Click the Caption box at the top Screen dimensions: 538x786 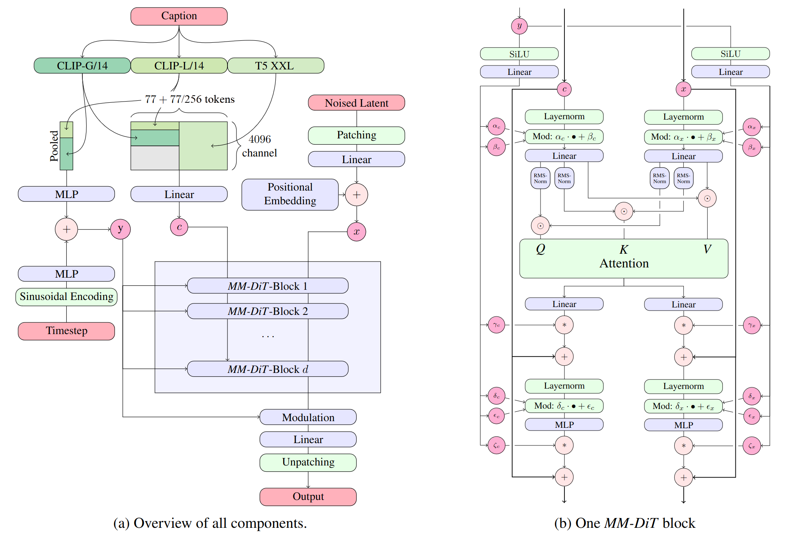179,16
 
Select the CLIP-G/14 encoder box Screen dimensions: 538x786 82,65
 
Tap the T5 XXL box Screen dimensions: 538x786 275,65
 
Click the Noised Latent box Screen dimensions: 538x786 356,103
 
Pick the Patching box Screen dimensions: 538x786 356,135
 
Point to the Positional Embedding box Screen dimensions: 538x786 290,194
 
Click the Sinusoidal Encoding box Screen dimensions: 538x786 66,297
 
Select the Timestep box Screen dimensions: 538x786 66,331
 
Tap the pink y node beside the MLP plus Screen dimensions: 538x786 120,229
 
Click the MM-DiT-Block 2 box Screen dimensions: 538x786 267,311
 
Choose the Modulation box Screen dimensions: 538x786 308,417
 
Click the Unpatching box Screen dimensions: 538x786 308,462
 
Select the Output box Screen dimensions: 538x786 308,496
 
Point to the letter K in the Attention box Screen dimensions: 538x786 624,249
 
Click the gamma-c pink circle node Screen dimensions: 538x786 497,325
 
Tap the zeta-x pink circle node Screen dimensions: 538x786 751,446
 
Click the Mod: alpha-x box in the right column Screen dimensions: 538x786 683,137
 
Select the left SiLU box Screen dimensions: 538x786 519,54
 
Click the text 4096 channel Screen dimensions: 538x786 259,146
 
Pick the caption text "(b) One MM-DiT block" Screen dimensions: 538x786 624,523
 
